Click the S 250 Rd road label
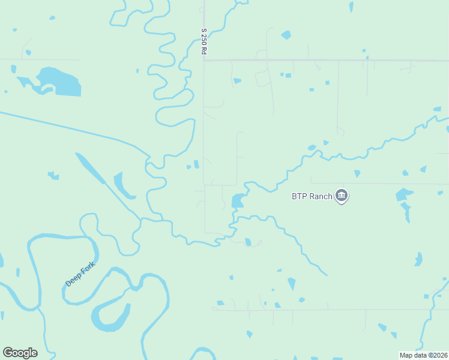(x=204, y=42)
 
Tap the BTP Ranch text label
(x=312, y=196)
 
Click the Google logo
(x=20, y=353)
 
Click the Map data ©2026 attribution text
(x=423, y=355)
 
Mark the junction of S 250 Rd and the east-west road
(x=205, y=60)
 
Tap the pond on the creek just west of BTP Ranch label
(x=238, y=200)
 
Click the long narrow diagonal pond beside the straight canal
(x=90, y=168)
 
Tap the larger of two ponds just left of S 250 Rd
(x=196, y=164)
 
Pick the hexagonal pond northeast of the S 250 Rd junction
(x=286, y=35)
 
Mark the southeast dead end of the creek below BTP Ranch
(x=326, y=275)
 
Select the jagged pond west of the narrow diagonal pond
(x=53, y=176)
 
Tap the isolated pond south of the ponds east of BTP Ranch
(x=418, y=259)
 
